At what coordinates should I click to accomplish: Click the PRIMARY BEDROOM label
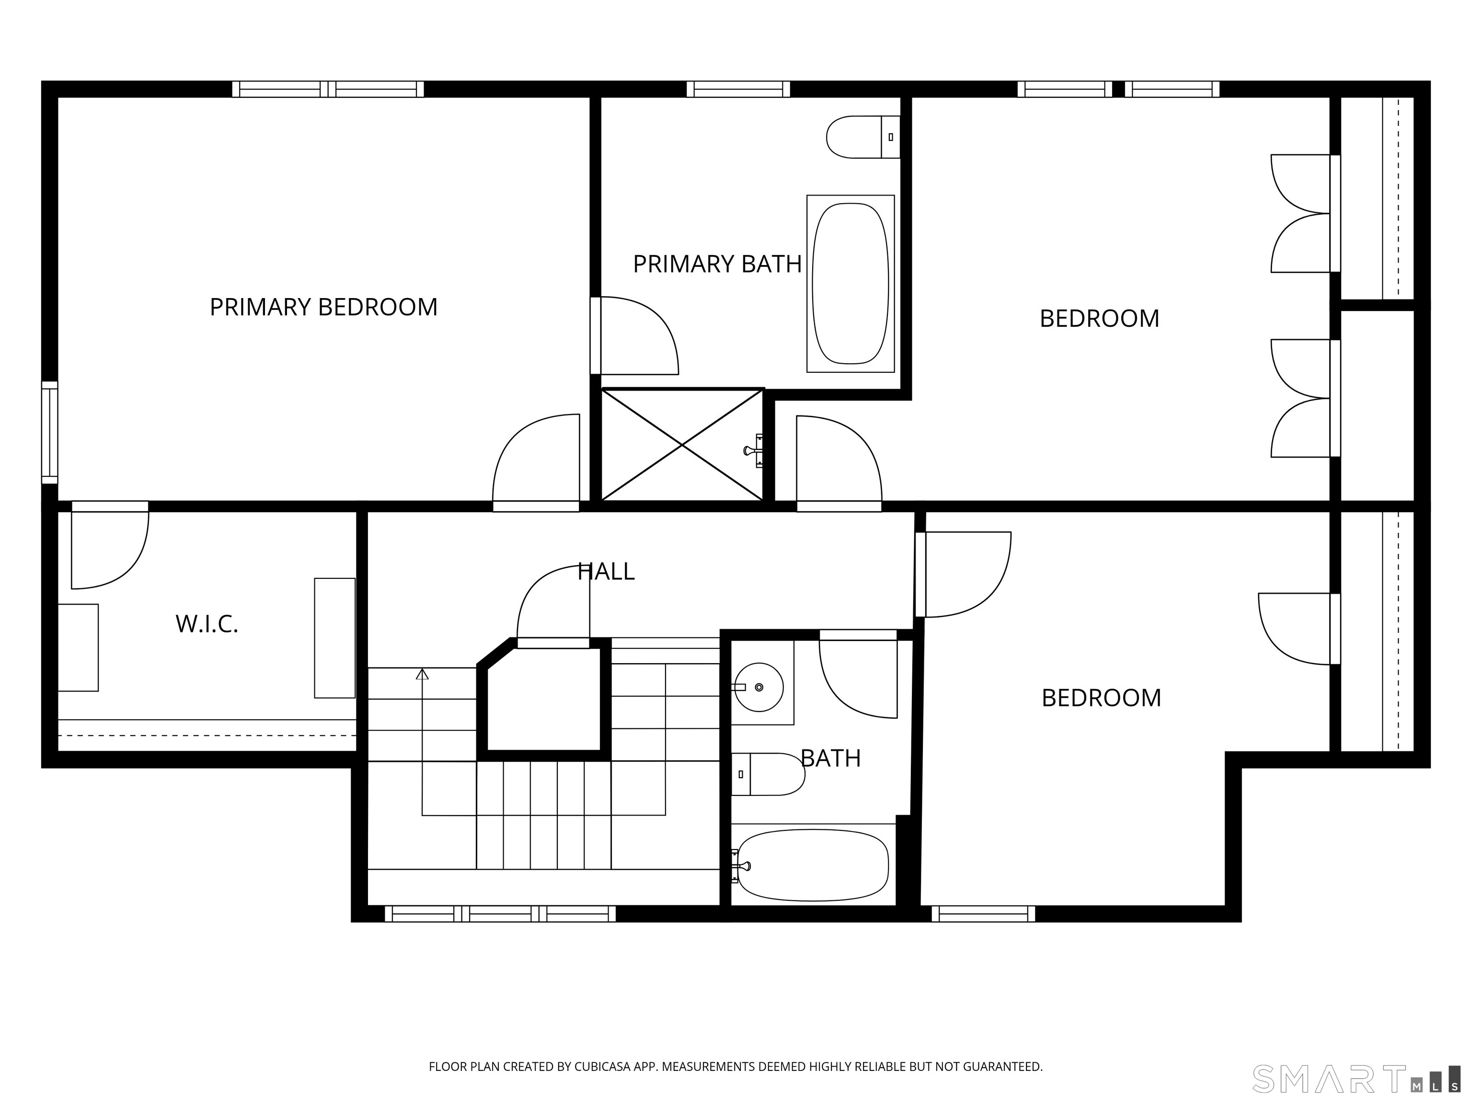click(323, 307)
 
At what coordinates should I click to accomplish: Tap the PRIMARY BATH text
click(717, 264)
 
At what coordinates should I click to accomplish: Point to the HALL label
click(606, 571)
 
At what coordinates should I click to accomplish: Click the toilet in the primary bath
click(863, 137)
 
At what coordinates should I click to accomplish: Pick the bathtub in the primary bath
click(851, 284)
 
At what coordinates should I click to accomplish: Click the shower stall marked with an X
click(682, 445)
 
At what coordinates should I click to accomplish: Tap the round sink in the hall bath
click(759, 687)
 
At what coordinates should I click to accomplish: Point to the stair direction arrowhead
click(422, 674)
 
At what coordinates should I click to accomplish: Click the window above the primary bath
click(738, 89)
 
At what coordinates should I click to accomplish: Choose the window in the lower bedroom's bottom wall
click(983, 914)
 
